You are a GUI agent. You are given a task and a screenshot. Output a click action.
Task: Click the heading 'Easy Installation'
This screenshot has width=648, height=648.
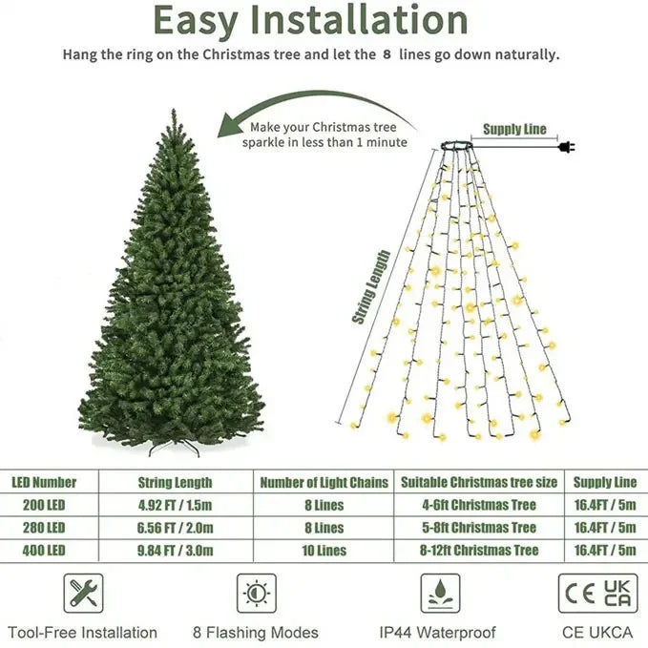point(310,20)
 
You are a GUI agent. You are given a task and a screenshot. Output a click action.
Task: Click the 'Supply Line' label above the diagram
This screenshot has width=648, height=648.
point(514,129)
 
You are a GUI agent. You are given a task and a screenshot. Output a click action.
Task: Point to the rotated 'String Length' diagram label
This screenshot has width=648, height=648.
point(374,287)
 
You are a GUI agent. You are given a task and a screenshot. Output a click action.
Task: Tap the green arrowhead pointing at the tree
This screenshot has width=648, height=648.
point(230,124)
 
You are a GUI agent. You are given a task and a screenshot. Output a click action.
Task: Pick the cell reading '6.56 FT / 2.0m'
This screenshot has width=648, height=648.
point(175,527)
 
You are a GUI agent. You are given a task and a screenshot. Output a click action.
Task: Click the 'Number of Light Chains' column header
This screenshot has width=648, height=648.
point(324,482)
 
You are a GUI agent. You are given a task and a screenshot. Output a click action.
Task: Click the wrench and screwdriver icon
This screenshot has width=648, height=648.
point(82,594)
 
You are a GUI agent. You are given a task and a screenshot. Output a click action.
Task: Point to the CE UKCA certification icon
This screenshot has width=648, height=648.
point(597,593)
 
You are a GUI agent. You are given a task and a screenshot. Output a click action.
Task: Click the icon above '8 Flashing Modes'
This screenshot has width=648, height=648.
point(256,594)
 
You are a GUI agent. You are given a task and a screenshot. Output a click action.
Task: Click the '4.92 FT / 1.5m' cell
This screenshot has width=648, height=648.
point(175,504)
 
